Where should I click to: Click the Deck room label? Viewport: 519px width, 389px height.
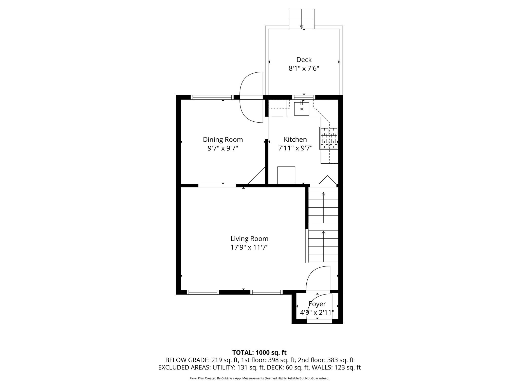pos(304,60)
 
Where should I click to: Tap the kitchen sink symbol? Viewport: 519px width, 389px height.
pos(302,109)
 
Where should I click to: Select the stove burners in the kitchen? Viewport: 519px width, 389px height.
pos(329,138)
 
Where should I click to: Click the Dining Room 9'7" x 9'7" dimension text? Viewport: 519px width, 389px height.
pos(223,148)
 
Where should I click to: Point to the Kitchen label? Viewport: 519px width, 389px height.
pos(295,140)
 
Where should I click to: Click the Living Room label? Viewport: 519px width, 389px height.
pos(249,239)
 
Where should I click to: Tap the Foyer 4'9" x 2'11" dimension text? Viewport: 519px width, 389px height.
pos(317,313)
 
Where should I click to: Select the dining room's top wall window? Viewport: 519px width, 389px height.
pos(212,97)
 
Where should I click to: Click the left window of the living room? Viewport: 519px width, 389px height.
pos(203,292)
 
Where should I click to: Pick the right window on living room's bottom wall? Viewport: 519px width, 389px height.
pos(266,292)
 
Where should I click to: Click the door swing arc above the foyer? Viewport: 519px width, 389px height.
pos(318,278)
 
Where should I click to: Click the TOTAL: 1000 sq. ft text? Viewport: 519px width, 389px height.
pos(259,353)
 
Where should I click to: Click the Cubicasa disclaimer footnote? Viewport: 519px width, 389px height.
pos(259,378)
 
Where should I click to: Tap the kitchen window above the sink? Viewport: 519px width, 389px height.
pos(304,97)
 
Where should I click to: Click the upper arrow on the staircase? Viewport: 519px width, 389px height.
pos(323,194)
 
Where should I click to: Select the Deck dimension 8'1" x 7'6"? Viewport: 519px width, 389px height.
pos(304,68)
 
